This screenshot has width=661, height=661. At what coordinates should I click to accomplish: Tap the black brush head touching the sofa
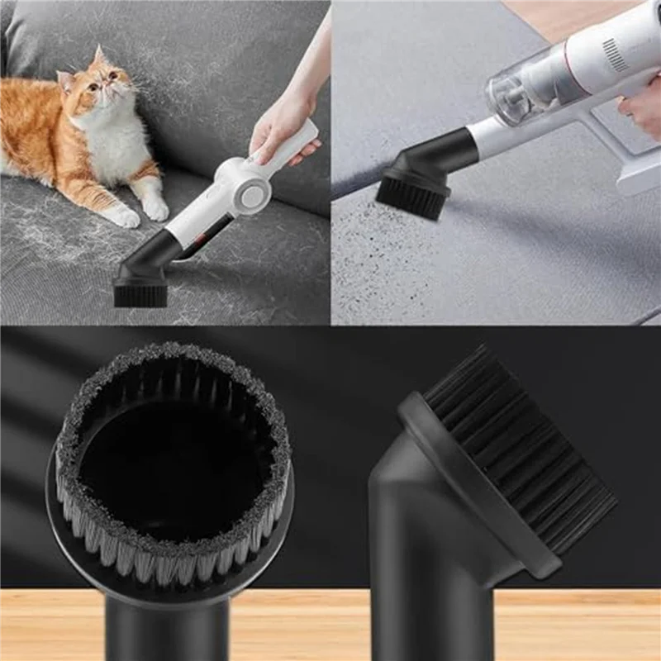140,292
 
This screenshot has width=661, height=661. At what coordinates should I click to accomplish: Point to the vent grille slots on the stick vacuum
615,55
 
